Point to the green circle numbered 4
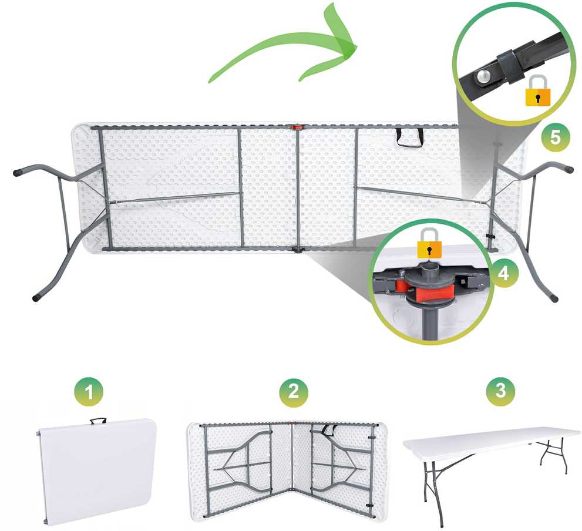(503, 274)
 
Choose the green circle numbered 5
(555, 137)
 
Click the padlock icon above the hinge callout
(429, 243)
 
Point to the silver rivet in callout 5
(484, 76)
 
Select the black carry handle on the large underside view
(410, 137)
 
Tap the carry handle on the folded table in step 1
(98, 421)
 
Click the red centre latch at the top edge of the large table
(298, 127)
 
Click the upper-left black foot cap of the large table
(18, 173)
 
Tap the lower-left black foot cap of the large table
(36, 297)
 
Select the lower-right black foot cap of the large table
(554, 298)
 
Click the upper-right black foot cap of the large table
(568, 169)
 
